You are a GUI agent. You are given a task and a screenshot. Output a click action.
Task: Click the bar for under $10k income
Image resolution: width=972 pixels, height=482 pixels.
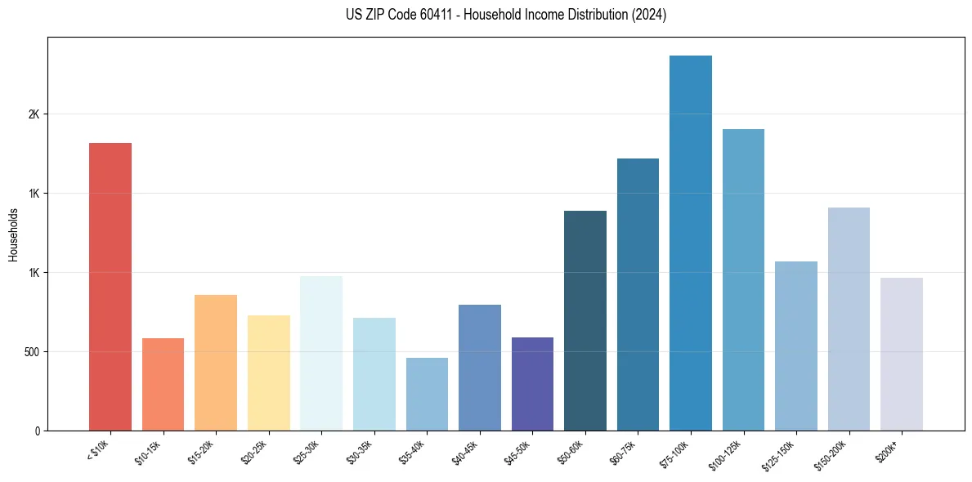tap(110, 286)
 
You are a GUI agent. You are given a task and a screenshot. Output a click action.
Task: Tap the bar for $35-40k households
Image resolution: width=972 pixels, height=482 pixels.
tap(427, 394)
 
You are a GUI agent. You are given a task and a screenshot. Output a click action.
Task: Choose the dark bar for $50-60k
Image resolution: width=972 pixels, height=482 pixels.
tap(585, 320)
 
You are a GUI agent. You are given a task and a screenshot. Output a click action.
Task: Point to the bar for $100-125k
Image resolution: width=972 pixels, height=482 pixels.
tap(743, 279)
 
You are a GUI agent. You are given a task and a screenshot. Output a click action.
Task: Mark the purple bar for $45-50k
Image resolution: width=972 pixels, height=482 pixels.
tap(532, 383)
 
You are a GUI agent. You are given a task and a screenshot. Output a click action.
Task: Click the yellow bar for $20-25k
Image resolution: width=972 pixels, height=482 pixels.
tap(269, 373)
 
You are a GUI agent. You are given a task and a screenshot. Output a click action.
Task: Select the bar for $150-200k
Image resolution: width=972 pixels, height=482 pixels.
tap(849, 319)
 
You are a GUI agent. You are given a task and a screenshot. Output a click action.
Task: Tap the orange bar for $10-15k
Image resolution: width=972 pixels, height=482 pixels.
tap(163, 384)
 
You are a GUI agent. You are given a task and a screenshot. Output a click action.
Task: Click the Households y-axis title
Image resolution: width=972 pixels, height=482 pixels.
tap(14, 234)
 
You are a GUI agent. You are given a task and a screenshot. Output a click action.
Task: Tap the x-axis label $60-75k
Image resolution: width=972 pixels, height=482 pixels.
tap(621, 452)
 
